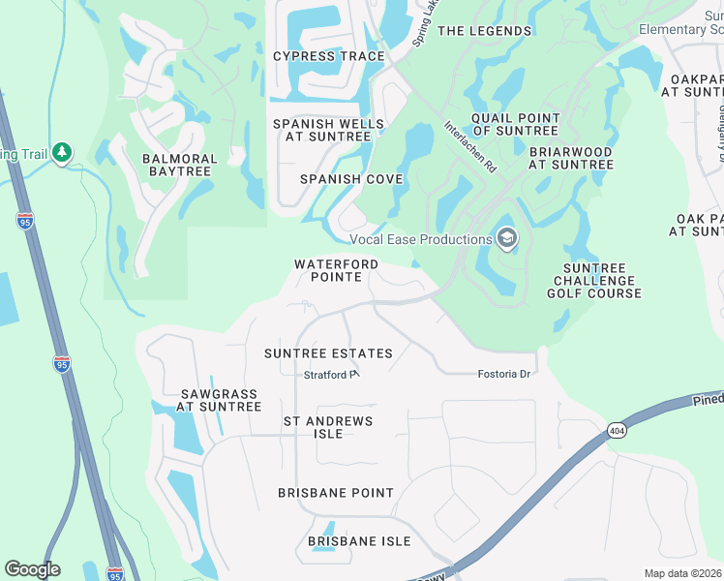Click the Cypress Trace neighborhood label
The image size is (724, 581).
click(x=328, y=56)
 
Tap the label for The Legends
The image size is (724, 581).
click(x=484, y=31)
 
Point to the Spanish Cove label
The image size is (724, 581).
click(x=350, y=179)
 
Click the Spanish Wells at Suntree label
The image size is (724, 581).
click(x=328, y=131)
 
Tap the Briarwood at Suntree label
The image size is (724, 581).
click(x=571, y=158)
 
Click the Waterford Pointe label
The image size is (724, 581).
click(x=335, y=270)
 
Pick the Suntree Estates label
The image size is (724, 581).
click(x=328, y=353)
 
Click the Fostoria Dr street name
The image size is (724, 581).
click(x=505, y=374)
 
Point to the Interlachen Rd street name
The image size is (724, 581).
click(x=470, y=146)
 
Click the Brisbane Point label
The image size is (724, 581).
click(x=336, y=493)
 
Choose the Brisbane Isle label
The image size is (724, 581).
click(x=359, y=541)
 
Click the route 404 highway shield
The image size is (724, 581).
click(x=616, y=429)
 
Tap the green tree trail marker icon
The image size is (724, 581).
click(x=62, y=152)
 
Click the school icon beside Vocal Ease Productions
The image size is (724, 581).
click(x=506, y=238)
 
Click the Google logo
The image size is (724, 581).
click(x=32, y=569)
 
